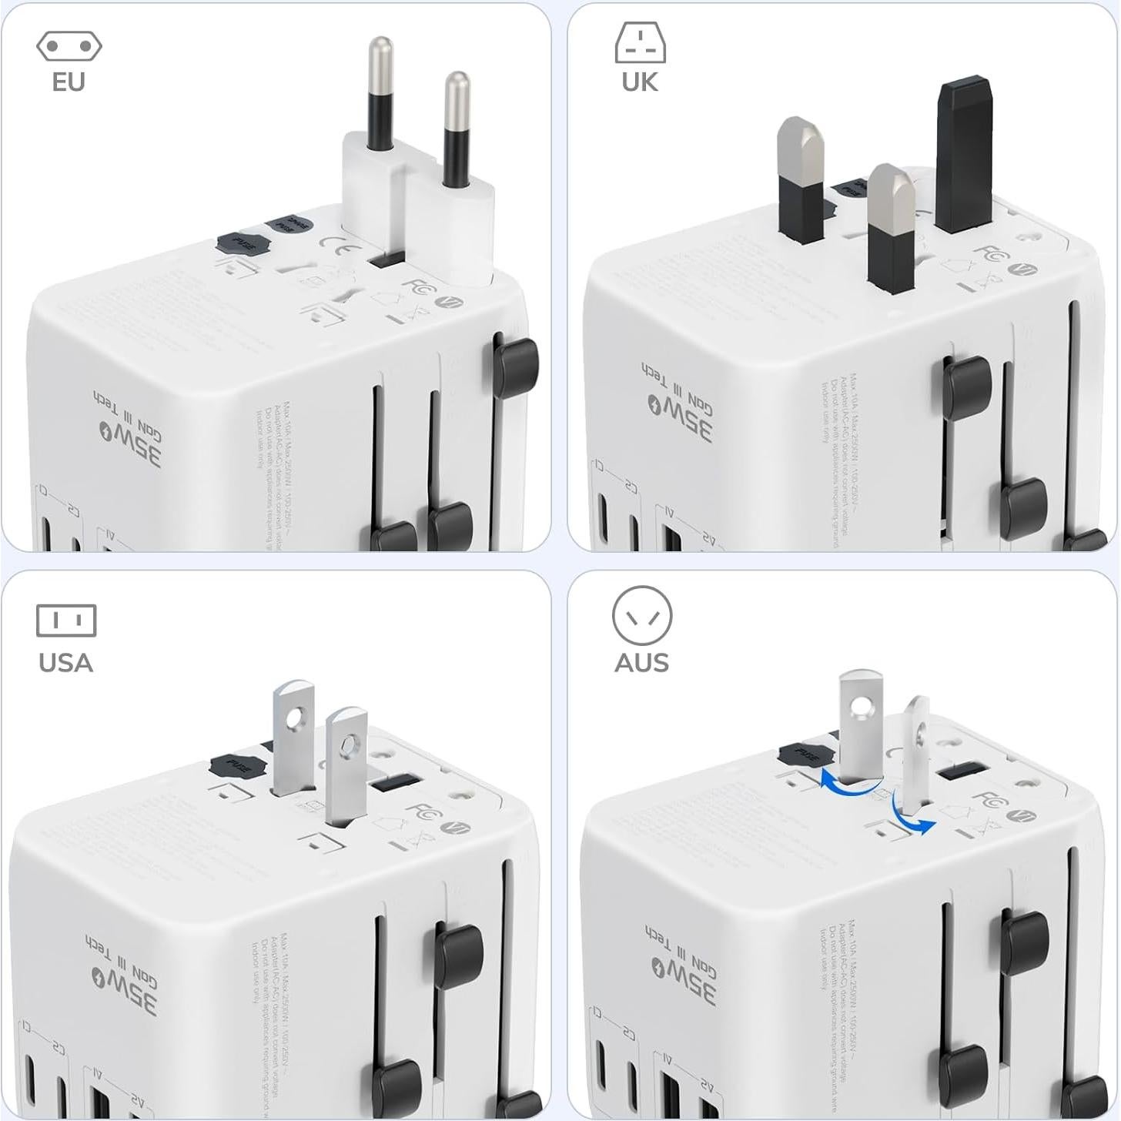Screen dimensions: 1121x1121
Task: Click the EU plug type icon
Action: [69, 47]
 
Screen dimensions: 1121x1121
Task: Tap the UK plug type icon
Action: [640, 42]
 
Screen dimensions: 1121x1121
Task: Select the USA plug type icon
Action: [66, 621]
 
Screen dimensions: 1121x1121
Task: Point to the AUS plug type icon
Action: [641, 616]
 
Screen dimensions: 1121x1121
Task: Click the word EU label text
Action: [69, 82]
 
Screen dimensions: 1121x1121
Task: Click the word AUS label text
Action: [641, 662]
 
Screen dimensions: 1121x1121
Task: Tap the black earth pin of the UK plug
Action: [963, 154]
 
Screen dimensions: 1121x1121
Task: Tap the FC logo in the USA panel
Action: [423, 814]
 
